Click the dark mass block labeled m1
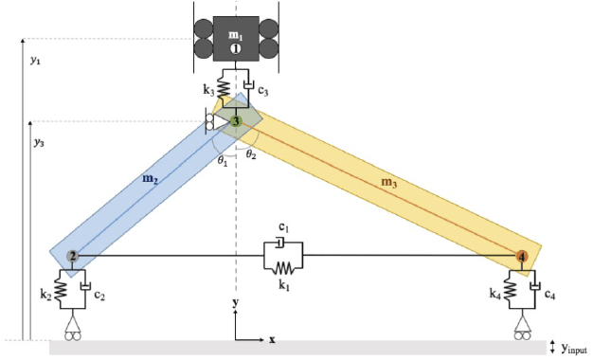(x=236, y=39)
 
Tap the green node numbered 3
(x=236, y=121)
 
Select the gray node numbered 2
(x=72, y=257)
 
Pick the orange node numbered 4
(x=522, y=257)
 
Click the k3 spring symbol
(x=224, y=88)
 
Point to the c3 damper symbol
(x=248, y=85)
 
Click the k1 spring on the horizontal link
(x=283, y=268)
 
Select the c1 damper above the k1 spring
(x=279, y=243)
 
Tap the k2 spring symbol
(x=62, y=290)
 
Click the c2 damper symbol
(x=86, y=286)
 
